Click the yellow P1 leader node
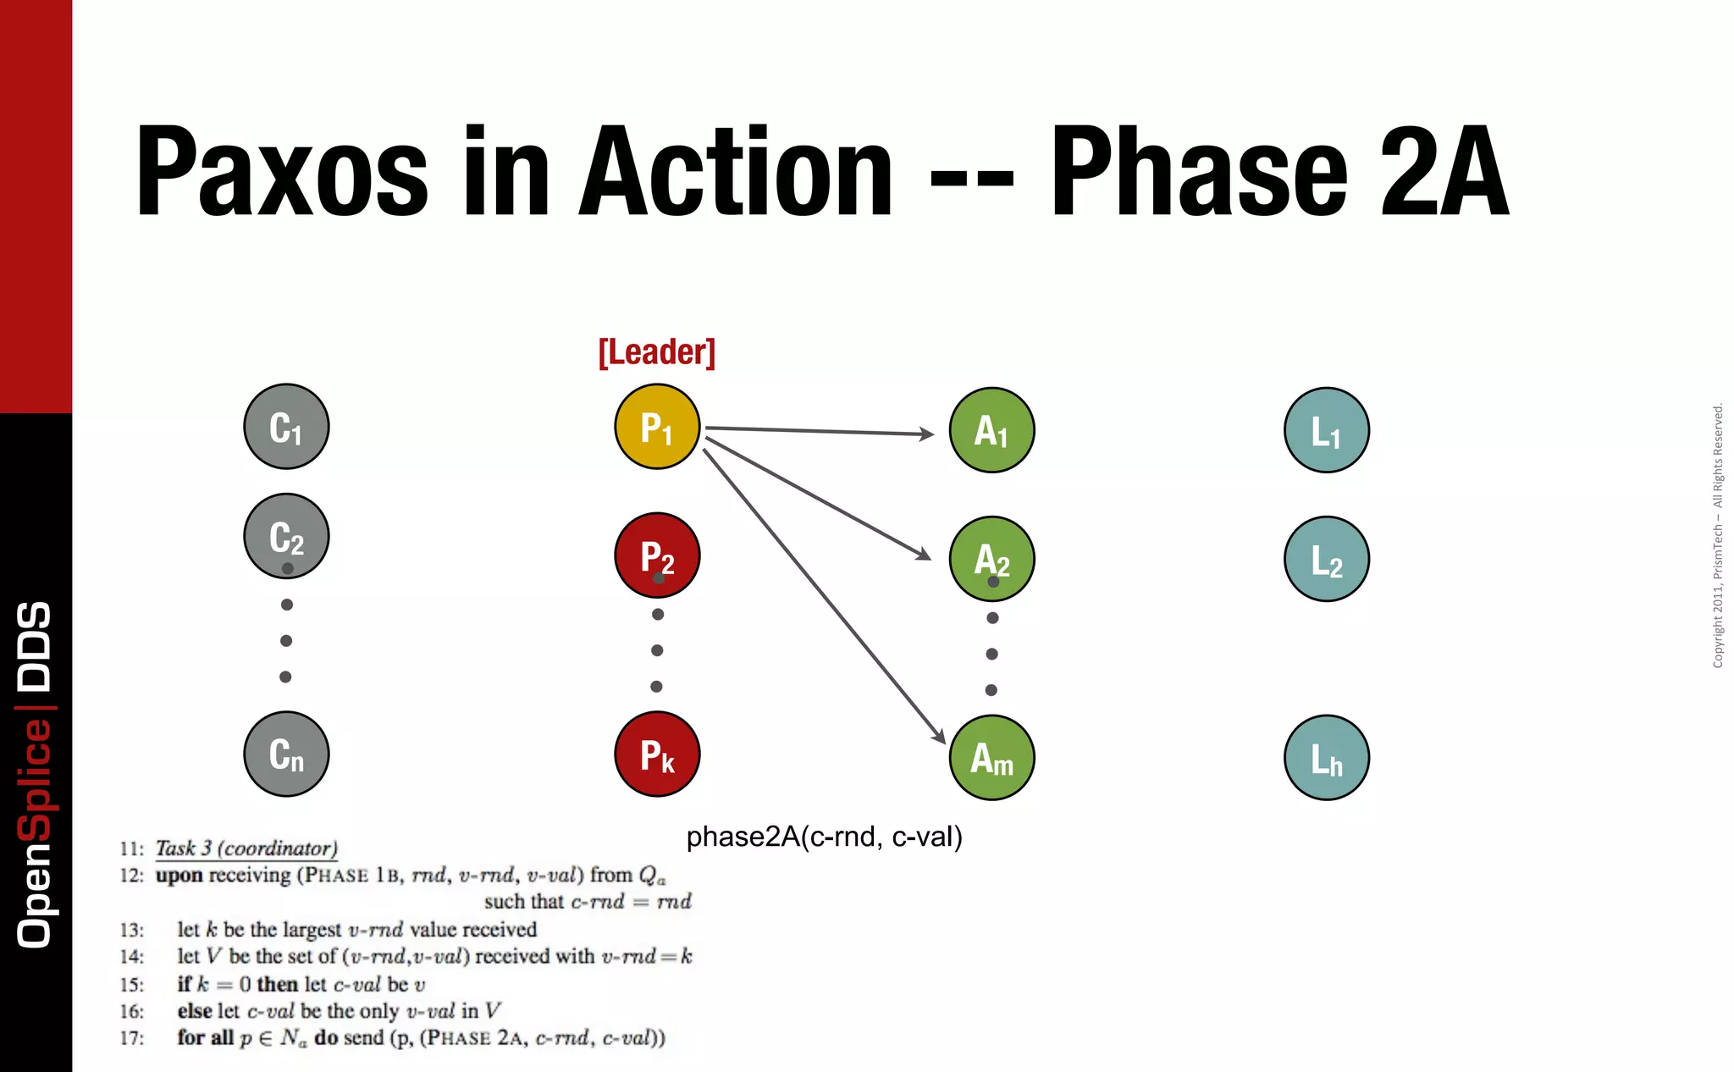click(x=657, y=427)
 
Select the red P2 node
click(x=657, y=555)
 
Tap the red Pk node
click(x=657, y=754)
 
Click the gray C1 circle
click(x=286, y=427)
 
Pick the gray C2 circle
click(x=286, y=536)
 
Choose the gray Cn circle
click(x=286, y=754)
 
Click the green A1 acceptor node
click(x=991, y=430)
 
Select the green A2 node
click(x=991, y=559)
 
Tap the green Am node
click(x=991, y=757)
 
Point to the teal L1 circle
click(x=1326, y=430)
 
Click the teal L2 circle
click(x=1326, y=559)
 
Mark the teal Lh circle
click(x=1326, y=757)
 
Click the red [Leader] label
click(x=657, y=352)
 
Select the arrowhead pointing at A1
click(x=928, y=434)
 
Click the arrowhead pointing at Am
click(x=939, y=737)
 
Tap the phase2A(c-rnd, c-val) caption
click(x=824, y=837)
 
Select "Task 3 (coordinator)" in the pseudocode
click(x=246, y=848)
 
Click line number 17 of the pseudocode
click(x=131, y=1038)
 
